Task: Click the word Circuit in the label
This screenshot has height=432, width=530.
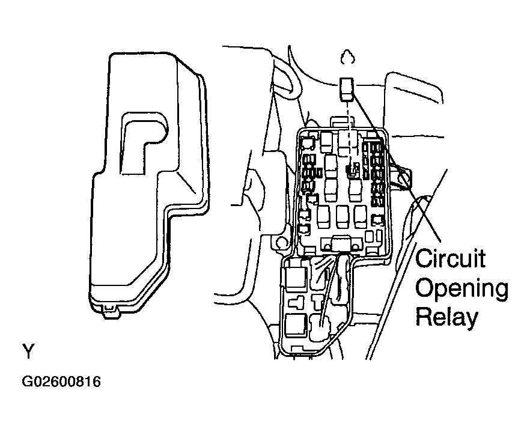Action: point(451,260)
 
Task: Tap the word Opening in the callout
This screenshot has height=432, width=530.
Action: point(461,290)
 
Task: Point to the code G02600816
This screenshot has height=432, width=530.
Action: point(61,382)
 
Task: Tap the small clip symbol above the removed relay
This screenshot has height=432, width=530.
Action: point(346,58)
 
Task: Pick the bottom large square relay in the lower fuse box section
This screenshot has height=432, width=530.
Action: point(296,324)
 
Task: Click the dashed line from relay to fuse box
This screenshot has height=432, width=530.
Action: point(348,129)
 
